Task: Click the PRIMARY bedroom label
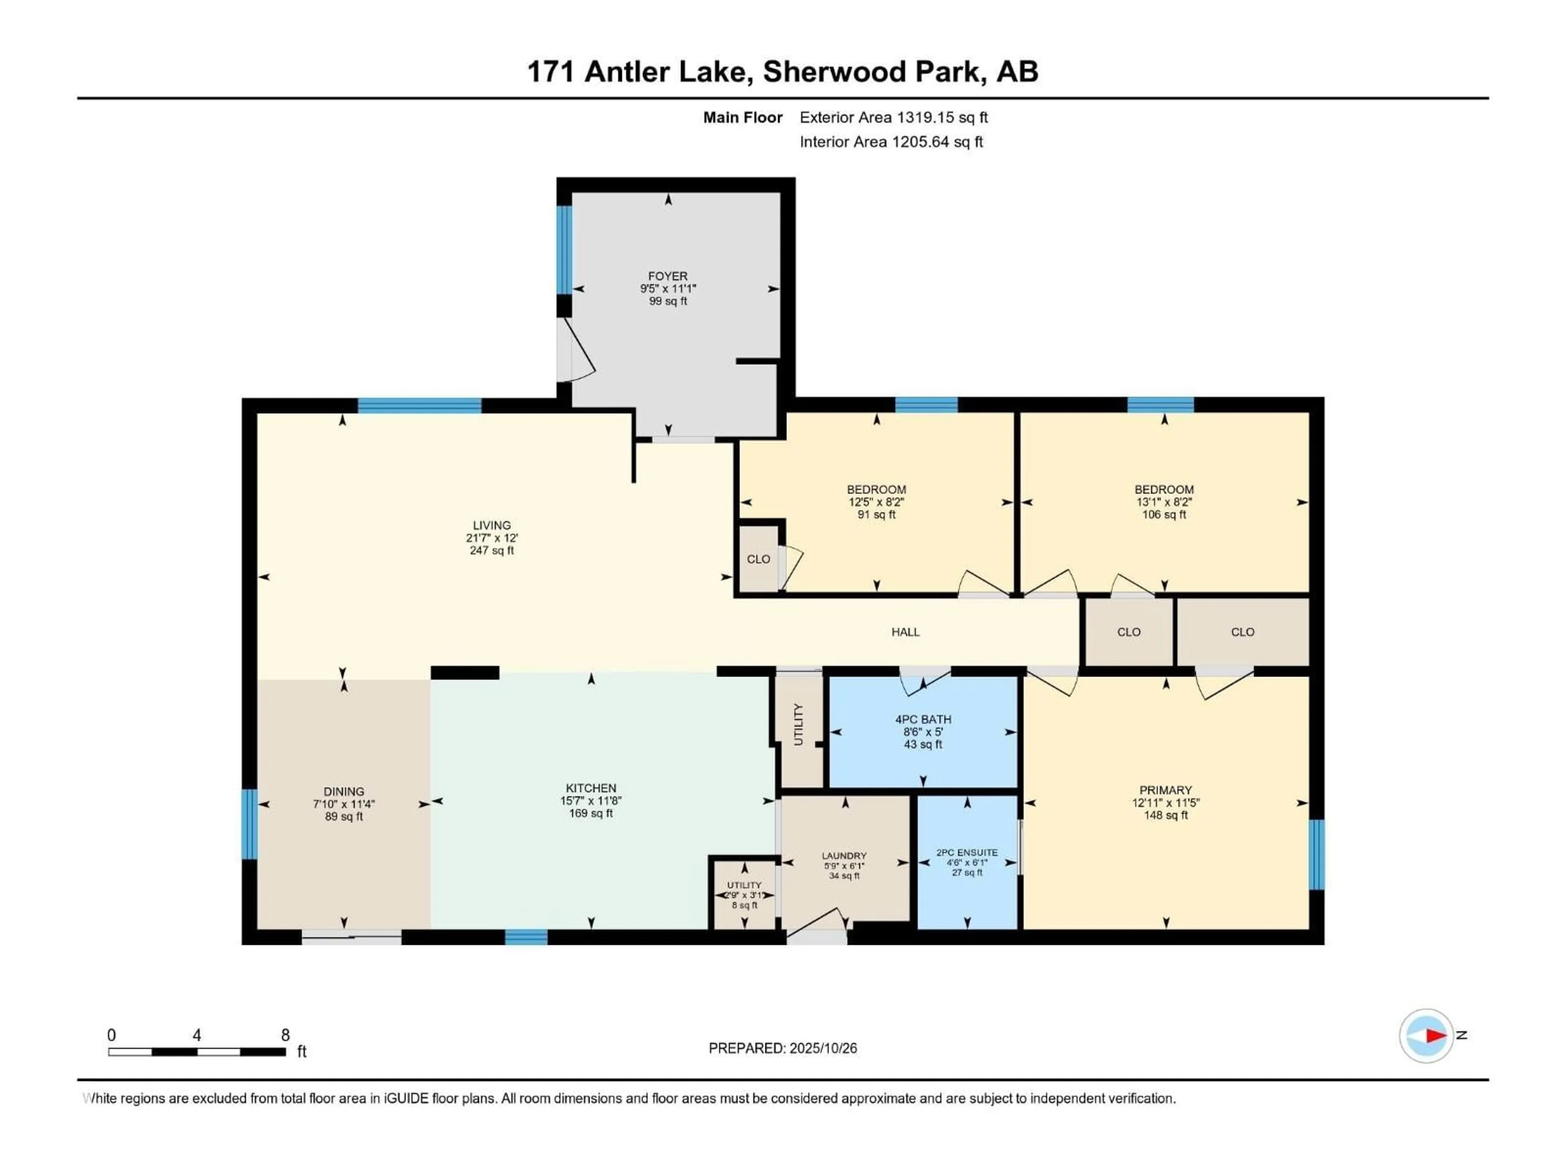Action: [1165, 790]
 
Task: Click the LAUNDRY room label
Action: [844, 856]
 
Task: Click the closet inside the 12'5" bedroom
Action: [759, 559]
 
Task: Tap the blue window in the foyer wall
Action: [564, 249]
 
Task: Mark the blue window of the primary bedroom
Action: [1316, 854]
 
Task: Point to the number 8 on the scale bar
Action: [286, 1035]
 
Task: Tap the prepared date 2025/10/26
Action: [822, 1048]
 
